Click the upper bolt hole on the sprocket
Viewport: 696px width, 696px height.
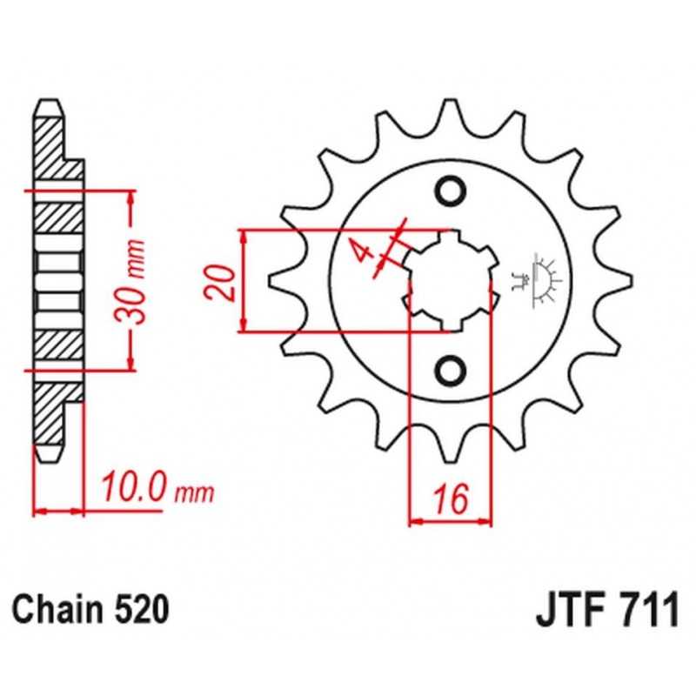[451, 191]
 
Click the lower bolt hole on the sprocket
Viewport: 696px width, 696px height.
[451, 371]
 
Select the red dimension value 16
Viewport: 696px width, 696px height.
[451, 499]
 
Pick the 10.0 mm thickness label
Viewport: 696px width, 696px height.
[157, 488]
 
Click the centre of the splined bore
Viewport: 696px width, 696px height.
[451, 281]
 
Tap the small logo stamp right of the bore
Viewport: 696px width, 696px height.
[536, 280]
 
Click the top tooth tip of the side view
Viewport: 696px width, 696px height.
[48, 108]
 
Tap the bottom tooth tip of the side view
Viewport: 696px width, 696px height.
[48, 453]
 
